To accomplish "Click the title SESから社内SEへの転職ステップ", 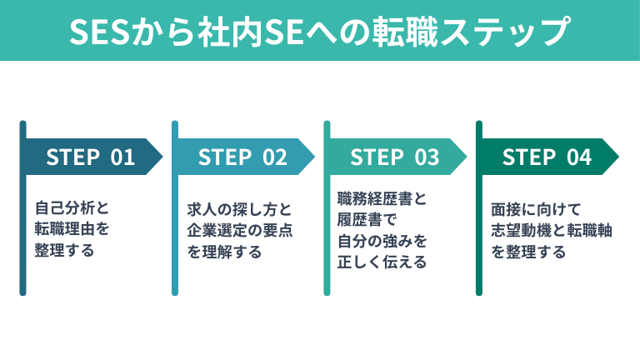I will tap(320, 31).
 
